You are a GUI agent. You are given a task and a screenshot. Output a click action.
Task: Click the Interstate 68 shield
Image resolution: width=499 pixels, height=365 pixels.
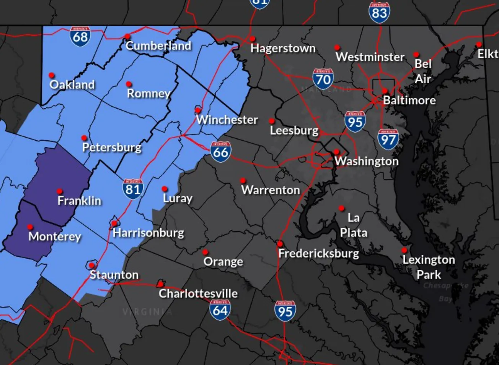(x=80, y=36)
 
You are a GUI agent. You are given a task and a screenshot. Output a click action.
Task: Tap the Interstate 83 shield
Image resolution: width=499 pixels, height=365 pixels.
(x=379, y=12)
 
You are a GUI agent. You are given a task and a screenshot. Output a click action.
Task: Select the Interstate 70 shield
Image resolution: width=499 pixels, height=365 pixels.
(x=323, y=79)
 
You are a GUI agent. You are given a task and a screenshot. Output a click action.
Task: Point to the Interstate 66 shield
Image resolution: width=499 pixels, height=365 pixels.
(x=220, y=152)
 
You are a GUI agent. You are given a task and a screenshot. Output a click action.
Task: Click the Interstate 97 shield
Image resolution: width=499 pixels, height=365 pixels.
(x=388, y=140)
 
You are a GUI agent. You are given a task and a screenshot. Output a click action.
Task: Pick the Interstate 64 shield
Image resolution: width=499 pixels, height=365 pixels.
(x=220, y=310)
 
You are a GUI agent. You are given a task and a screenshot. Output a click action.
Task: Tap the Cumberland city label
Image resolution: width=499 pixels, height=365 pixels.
(x=158, y=46)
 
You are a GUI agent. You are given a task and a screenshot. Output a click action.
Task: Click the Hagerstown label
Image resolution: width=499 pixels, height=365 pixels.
(x=283, y=48)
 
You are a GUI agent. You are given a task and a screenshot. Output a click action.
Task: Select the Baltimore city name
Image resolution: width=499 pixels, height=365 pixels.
(x=409, y=100)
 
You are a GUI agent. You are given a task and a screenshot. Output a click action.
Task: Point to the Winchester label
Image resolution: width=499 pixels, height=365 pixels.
(x=227, y=120)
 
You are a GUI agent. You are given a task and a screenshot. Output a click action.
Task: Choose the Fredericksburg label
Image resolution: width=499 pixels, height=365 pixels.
(x=318, y=253)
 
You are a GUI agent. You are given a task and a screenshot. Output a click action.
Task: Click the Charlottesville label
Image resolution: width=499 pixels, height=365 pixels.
(x=198, y=294)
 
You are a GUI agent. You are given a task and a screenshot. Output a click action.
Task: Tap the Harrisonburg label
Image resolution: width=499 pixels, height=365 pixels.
(x=148, y=233)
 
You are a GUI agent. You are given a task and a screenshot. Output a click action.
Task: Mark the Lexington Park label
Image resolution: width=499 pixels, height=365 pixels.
(x=429, y=267)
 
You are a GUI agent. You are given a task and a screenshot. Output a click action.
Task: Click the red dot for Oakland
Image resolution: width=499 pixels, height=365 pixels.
(x=51, y=75)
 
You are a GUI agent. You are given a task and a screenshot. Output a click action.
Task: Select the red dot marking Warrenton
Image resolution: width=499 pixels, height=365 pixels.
(x=243, y=180)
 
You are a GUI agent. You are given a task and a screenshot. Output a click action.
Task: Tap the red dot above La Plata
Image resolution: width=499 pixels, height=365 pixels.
(x=341, y=208)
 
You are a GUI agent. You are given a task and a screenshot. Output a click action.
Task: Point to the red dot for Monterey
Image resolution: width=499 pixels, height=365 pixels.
(x=30, y=227)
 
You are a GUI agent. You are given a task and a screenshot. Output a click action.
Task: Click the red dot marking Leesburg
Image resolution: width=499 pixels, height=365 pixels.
(x=272, y=121)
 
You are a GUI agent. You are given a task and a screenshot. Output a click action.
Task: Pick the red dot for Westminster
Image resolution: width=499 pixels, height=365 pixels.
(x=337, y=48)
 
